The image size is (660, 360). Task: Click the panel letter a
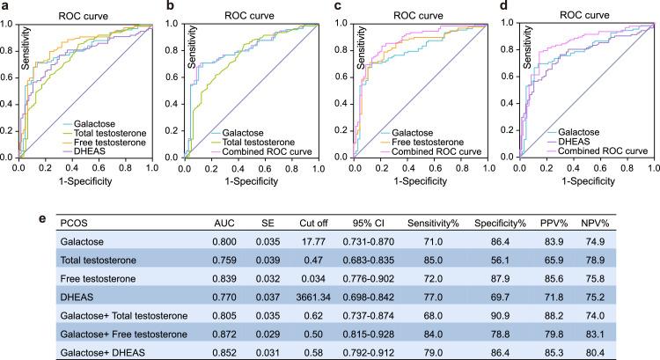[x=4, y=8]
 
